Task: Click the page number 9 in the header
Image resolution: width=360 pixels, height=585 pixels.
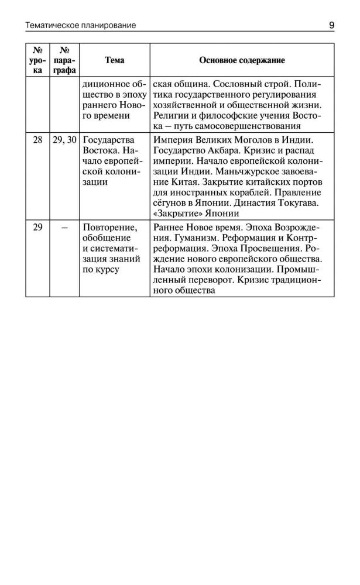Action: coord(331,25)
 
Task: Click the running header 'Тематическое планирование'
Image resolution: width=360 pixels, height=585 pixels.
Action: coord(81,25)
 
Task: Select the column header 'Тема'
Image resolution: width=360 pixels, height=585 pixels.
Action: coord(114,60)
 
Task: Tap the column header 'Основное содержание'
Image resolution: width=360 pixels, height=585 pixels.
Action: coord(242,60)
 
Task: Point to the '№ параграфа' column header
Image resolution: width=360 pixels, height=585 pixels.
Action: coord(64,60)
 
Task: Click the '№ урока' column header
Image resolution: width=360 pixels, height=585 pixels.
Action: coord(38,60)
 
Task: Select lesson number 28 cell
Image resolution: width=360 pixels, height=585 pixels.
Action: coord(38,140)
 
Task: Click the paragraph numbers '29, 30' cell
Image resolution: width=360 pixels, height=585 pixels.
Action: coord(64,140)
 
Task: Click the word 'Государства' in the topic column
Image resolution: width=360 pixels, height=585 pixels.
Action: coord(109,140)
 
